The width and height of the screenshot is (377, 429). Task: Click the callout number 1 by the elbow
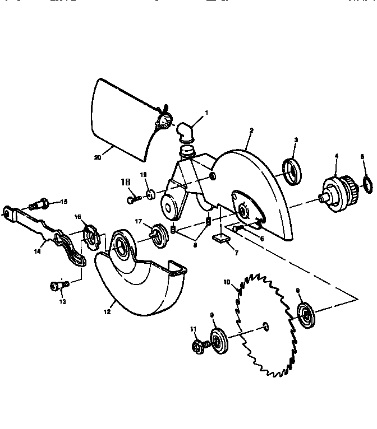[206, 113]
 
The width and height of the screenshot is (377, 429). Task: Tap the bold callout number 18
[127, 181]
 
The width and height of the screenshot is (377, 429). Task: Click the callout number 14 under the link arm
[37, 251]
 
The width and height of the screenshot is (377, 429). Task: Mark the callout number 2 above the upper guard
[251, 130]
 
